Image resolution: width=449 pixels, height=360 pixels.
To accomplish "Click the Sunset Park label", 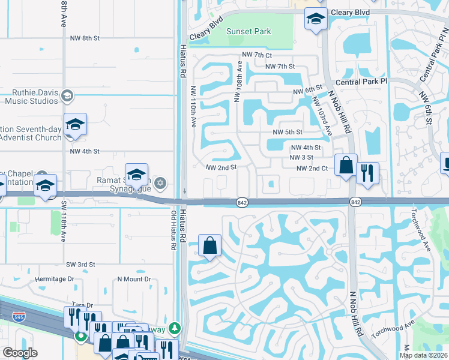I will click(x=248, y=32).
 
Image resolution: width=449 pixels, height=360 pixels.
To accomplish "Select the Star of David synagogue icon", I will click(x=160, y=182).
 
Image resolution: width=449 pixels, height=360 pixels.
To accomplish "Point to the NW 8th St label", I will click(x=84, y=38).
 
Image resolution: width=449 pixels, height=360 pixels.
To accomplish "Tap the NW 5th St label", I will click(x=287, y=132).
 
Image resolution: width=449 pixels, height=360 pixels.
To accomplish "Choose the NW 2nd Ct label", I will click(x=312, y=169).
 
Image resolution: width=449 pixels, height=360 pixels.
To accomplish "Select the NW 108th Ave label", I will click(x=239, y=80).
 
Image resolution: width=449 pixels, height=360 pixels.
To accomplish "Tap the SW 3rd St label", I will click(x=81, y=265).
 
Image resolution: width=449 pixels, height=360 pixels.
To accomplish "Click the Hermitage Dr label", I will click(x=54, y=279).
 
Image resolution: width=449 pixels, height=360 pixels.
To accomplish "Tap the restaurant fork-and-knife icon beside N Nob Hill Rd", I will click(x=367, y=173).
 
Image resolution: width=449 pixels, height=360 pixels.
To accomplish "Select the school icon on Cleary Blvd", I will click(x=315, y=19).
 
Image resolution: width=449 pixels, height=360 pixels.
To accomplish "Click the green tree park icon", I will click(x=174, y=328).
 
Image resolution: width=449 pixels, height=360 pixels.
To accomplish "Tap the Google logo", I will click(x=20, y=353).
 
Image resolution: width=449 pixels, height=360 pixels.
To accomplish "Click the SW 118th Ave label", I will click(x=64, y=224).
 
